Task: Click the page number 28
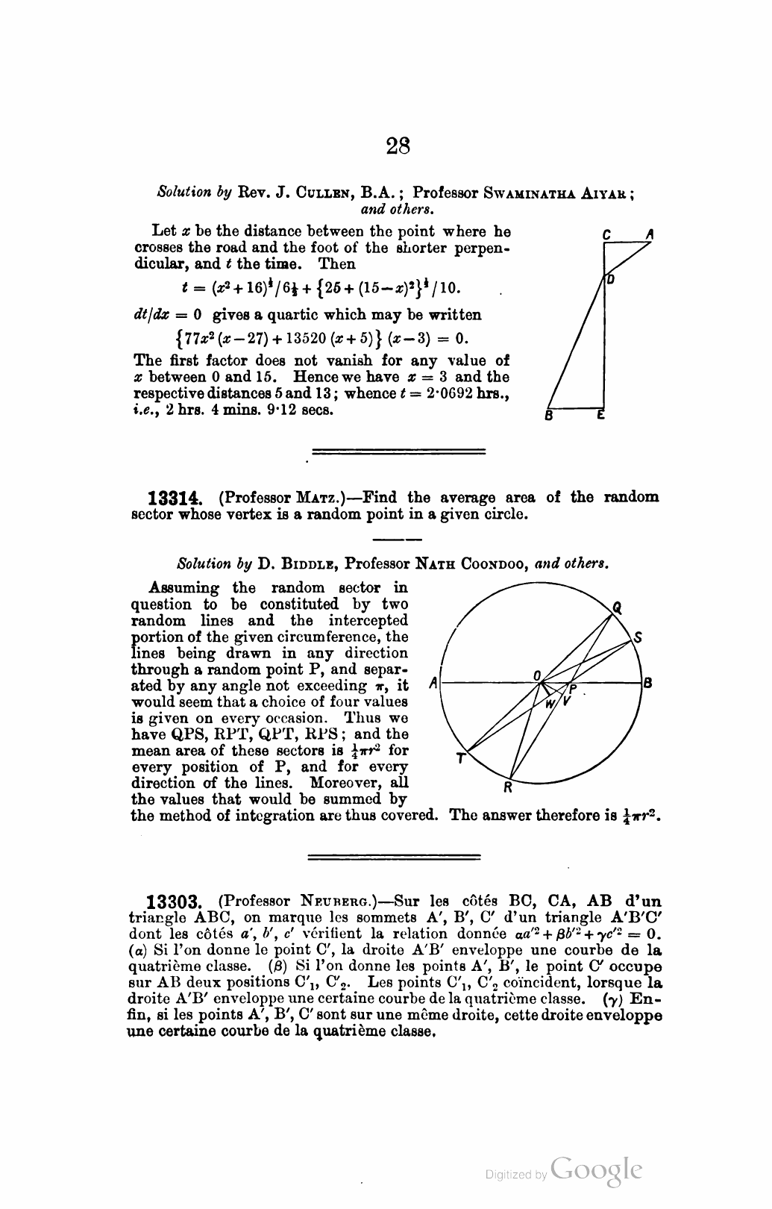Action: point(399,144)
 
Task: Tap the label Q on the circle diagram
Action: point(617,607)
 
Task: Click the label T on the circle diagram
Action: point(461,759)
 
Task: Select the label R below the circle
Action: point(508,787)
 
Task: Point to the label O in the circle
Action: point(537,674)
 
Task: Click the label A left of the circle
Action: point(435,683)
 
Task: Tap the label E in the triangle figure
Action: point(599,416)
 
